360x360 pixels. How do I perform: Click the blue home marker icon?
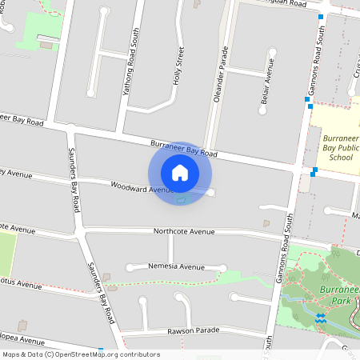click(x=180, y=172)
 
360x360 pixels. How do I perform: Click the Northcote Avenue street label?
click(x=185, y=231)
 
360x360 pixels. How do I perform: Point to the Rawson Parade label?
click(x=193, y=330)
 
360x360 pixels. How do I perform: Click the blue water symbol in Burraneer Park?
click(x=321, y=318)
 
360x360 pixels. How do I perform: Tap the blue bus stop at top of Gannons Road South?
click(x=320, y=17)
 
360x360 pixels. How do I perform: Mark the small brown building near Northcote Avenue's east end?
click(x=266, y=223)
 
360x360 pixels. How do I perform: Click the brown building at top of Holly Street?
click(x=197, y=3)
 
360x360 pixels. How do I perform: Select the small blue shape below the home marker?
click(x=182, y=200)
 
